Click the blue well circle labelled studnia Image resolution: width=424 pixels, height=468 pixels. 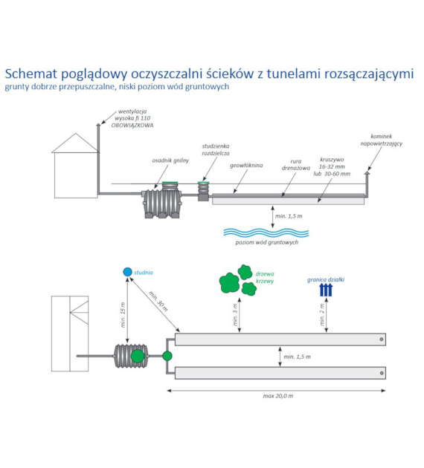(x=128, y=272)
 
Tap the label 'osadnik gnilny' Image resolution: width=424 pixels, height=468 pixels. (x=170, y=160)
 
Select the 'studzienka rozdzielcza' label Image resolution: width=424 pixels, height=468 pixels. (x=216, y=149)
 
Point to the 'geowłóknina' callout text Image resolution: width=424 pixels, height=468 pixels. (x=246, y=166)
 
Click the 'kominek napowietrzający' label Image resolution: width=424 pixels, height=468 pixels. (x=382, y=140)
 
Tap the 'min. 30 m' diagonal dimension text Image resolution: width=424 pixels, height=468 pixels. (x=158, y=301)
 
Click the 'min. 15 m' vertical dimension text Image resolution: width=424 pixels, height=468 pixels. (x=123, y=315)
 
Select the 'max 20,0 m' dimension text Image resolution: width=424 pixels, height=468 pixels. (x=278, y=396)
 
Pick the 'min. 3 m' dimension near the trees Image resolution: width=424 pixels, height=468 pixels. (x=235, y=314)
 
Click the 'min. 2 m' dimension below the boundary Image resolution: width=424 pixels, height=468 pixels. (x=322, y=314)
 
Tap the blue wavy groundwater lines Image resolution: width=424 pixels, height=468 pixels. (x=266, y=233)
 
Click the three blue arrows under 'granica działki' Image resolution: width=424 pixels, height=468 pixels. (x=326, y=290)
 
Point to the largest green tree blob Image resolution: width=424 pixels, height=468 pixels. (x=229, y=282)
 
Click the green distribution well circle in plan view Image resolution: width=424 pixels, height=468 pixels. (x=167, y=356)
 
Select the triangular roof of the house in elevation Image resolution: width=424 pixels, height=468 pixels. (x=76, y=143)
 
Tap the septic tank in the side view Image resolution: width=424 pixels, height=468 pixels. (x=161, y=202)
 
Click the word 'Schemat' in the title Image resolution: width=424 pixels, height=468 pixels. (x=33, y=74)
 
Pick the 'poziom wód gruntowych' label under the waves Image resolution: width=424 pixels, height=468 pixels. (x=267, y=243)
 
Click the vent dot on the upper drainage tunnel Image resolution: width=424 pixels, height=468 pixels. (x=382, y=339)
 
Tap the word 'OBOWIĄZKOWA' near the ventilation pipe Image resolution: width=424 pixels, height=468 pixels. (x=132, y=126)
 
